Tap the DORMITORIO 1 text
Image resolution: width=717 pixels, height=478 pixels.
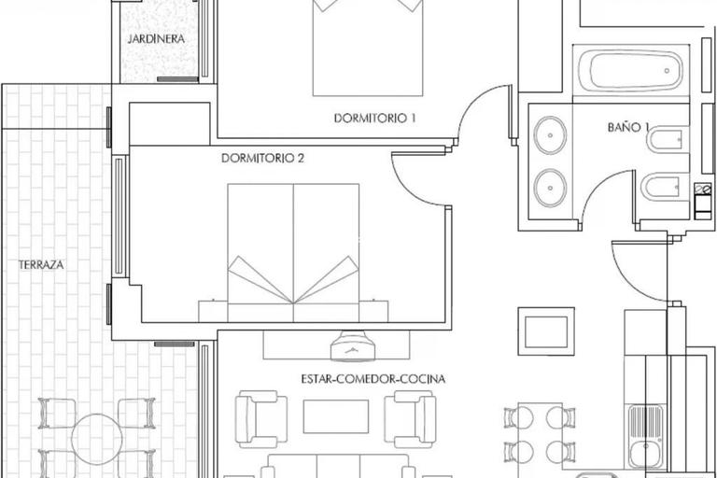point(374,119)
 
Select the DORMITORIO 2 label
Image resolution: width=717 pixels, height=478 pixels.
point(263,158)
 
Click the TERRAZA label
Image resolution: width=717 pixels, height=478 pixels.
point(40,264)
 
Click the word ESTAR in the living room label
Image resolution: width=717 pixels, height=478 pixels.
point(319,379)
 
